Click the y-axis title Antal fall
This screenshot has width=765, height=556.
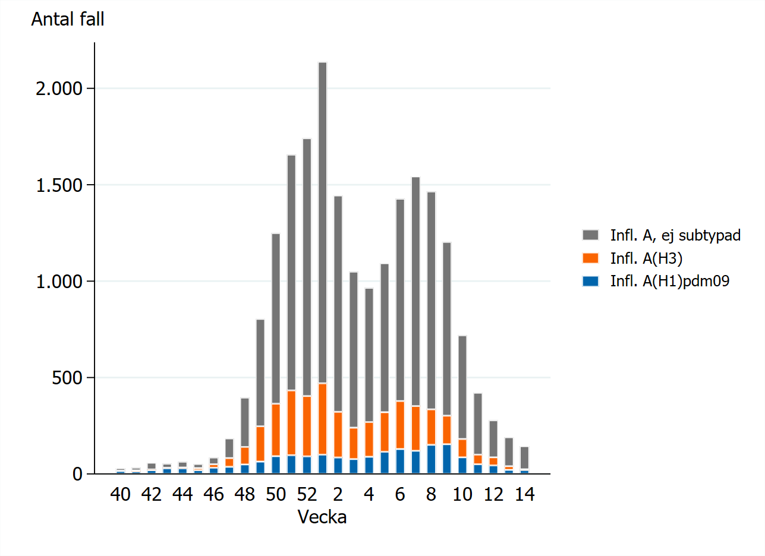coord(68,20)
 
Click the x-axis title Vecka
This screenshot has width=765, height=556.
coord(322,517)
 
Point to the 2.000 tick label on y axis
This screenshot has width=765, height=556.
coord(58,89)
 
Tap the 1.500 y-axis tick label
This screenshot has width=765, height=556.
coord(58,185)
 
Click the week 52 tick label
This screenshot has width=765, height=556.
coord(307,495)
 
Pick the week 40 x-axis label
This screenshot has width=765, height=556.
coord(121,495)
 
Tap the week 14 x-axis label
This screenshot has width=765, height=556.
coord(524,495)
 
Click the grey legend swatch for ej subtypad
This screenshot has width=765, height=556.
coord(591,235)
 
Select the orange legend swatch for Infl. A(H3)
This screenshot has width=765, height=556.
coord(591,258)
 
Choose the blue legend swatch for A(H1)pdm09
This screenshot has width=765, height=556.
coord(591,281)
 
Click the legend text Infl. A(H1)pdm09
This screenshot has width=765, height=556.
coord(669,281)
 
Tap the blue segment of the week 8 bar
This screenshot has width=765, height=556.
coord(432,459)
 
